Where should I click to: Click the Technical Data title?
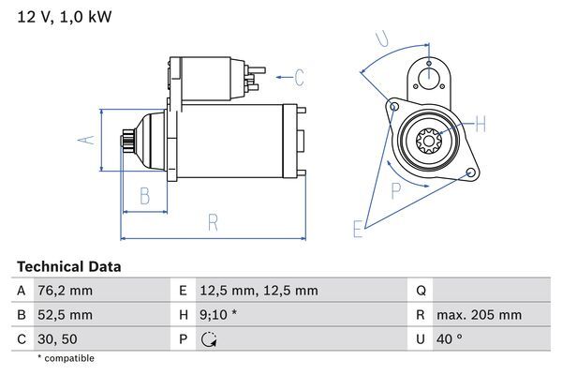coord(68,267)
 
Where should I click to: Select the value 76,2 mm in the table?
coord(66,291)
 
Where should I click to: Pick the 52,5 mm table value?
coord(66,315)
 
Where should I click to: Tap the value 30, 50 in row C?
coord(58,338)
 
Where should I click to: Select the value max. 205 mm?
coord(480,315)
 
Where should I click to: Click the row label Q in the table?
coord(420,291)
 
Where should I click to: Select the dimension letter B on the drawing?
coord(145,195)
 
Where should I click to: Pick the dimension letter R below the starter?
coord(213,222)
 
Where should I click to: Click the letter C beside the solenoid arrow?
coord(299,76)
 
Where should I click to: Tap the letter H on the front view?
coord(480,124)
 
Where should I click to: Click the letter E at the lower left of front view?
coord(358,228)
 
